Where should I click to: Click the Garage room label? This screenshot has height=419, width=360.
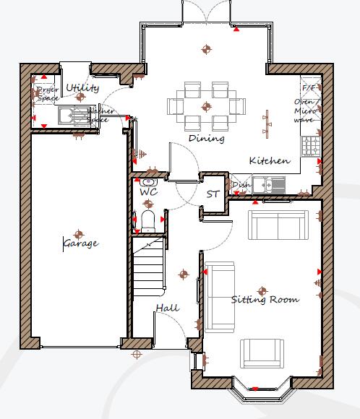[x=80, y=243]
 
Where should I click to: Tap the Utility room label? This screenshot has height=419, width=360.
[x=82, y=88]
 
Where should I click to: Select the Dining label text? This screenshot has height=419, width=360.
[x=206, y=138]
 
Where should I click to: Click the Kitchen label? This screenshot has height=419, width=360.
[x=270, y=160]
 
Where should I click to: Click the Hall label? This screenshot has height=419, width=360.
[x=167, y=308]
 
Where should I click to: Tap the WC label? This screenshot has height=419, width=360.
[x=148, y=193]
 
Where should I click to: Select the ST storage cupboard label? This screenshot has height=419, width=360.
[x=213, y=194]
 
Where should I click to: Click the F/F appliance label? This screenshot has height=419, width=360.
[x=309, y=88]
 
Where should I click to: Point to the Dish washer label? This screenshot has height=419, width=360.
[x=241, y=186]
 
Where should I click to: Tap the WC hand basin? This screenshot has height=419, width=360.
[x=149, y=181]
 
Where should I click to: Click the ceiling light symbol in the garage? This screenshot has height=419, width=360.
[x=78, y=234]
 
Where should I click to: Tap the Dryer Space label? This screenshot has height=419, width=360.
[x=48, y=93]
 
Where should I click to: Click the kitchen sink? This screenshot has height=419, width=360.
[x=273, y=184]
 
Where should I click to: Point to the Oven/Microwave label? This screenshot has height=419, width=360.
[x=304, y=111]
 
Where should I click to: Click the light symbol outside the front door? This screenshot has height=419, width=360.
[x=136, y=354]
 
